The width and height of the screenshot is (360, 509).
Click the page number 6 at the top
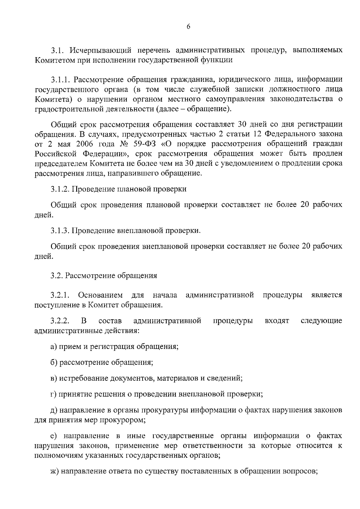pos(188,27)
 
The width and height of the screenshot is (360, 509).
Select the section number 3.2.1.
pos(60,295)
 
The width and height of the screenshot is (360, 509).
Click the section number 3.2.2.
pos(60,321)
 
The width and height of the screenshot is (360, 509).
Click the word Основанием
pos(100,295)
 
